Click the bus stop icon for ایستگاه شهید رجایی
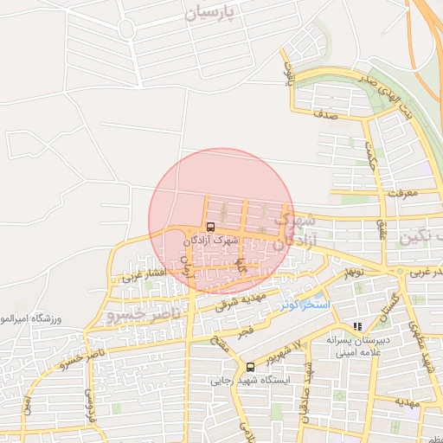point(250,366)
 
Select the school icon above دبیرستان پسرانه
point(356,326)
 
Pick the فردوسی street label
point(88,400)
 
